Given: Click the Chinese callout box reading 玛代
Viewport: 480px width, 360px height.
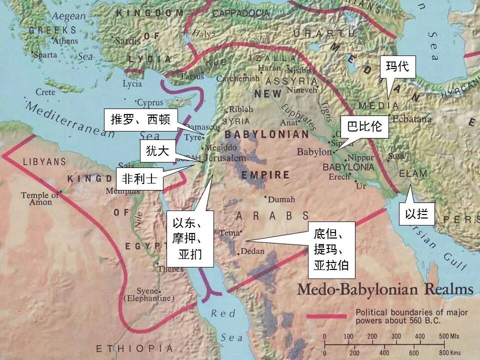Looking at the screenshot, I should (398, 66).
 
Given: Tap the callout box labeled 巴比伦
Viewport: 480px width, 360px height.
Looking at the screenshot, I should (364, 127).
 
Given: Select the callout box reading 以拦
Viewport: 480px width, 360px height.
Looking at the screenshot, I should (416, 214).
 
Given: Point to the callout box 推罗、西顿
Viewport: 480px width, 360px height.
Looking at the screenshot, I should (140, 120).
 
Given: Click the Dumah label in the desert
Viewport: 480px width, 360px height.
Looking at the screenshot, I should (282, 199).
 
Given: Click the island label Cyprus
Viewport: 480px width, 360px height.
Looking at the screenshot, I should (150, 103).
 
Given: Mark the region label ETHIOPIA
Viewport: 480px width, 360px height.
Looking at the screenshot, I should (134, 348).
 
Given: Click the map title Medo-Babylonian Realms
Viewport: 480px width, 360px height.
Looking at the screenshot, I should (385, 289).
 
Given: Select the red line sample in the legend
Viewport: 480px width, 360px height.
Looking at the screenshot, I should (326, 316).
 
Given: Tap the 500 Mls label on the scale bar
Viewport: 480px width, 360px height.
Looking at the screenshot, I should (449, 336).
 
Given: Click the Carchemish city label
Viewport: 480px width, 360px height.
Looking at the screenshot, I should (237, 78).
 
